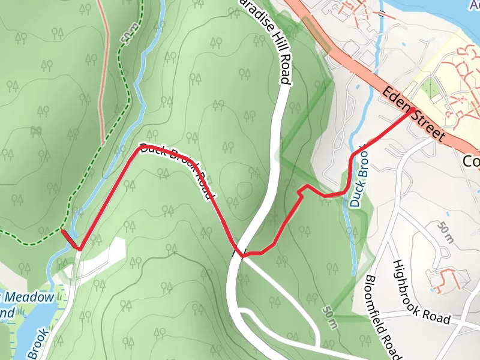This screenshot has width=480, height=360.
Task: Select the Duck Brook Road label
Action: pos(178,169)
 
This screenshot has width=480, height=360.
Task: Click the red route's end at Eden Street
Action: pos(415,110)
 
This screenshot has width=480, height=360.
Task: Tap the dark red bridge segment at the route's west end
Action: pos(70,239)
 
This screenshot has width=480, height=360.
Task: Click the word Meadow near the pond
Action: pos(38,298)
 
